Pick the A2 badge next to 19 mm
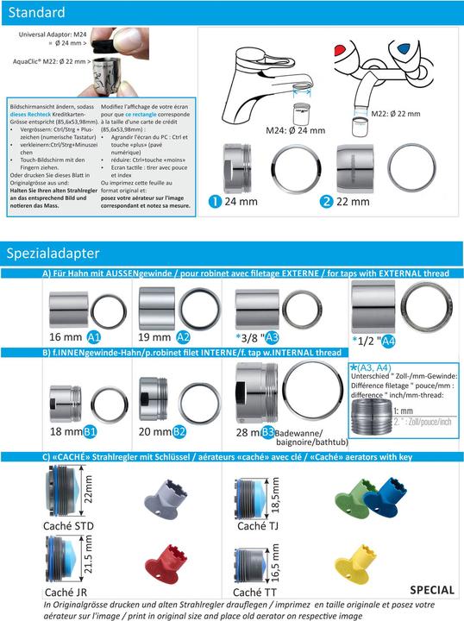pos(184,336)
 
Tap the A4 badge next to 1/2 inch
pos(388,340)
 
